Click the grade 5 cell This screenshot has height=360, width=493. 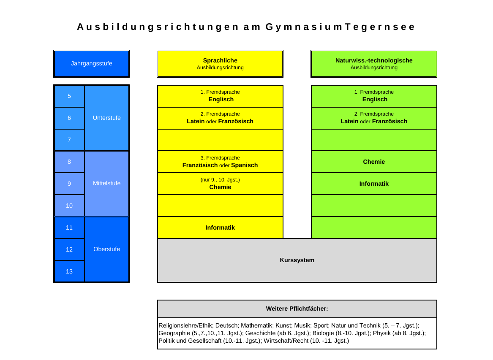pos(69,96)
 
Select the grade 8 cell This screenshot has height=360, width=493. pos(69,162)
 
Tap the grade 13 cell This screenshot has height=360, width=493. pos(69,271)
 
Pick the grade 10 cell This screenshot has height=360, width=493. pos(69,206)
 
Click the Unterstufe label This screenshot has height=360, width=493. pos(106,118)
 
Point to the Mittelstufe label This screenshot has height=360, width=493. pos(106,184)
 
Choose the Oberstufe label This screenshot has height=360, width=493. pos(106,249)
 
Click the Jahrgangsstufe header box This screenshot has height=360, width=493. pos(92,63)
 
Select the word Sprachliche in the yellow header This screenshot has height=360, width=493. pos(220,60)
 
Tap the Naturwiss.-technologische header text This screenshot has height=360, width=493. pos(374,60)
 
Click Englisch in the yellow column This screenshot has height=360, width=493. pos(221,99)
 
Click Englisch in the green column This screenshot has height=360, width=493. pos(375,99)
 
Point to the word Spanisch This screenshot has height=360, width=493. pos(244,165)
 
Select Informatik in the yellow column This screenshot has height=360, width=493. pos(220,228)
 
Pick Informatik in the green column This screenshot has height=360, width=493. pos(374,184)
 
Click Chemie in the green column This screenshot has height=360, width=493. pos(374,162)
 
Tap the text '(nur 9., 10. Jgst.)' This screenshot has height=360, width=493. pos(220,180)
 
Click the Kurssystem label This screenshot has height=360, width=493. pos(297,260)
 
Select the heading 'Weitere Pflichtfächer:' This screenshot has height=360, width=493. pos(297,309)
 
